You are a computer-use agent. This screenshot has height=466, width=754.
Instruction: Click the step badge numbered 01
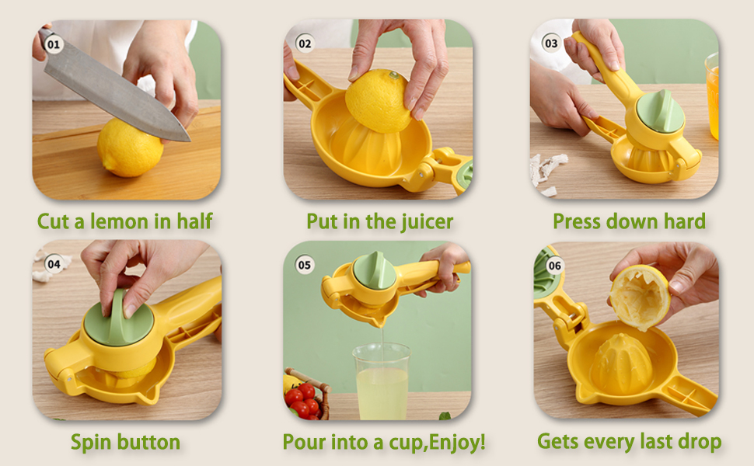(53, 44)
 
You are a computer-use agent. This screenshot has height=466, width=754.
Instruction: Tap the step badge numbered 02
(305, 44)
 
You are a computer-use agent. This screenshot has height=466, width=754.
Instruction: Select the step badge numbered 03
(551, 43)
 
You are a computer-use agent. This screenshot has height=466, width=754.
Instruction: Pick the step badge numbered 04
(54, 264)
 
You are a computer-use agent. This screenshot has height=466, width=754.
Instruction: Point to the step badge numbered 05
(305, 265)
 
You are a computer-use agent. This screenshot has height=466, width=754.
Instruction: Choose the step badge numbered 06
(554, 266)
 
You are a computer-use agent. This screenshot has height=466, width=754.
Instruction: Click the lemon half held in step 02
(379, 99)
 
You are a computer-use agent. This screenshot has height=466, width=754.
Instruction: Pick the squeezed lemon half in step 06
(640, 297)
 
